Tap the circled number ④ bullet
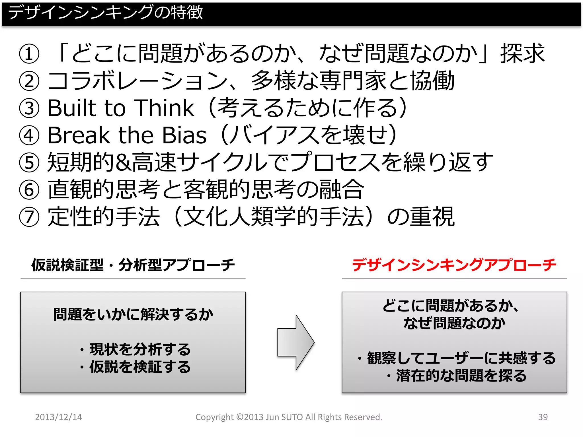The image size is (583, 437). tap(29, 135)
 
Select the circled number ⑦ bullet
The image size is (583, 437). tap(29, 217)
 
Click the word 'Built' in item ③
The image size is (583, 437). tap(72, 108)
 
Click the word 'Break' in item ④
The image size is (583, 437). tap(79, 135)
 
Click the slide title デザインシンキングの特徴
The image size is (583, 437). tap(105, 13)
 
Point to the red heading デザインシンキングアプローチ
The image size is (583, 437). tap(454, 265)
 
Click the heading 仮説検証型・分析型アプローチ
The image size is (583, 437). tap(133, 265)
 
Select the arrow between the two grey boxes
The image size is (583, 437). tap(295, 342)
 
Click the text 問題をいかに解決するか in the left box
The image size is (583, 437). tap(133, 315)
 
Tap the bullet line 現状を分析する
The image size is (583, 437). tap(139, 349)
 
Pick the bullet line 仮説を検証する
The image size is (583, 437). tap(139, 367)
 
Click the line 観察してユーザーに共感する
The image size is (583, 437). tap(461, 358)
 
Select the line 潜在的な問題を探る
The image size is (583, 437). tap(461, 376)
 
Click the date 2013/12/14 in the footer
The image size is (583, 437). tap(58, 417)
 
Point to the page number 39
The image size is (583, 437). tap(543, 417)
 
